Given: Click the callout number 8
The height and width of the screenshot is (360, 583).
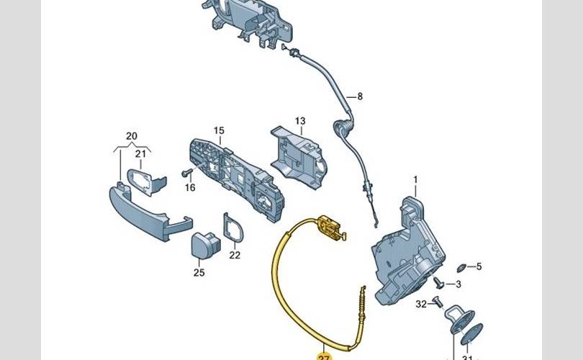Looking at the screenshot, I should click(361, 96).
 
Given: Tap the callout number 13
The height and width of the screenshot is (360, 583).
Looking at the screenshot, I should click(300, 121).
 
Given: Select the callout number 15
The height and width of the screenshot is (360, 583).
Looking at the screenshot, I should click(219, 131).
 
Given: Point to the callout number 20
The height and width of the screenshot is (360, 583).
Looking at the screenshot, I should click(130, 135).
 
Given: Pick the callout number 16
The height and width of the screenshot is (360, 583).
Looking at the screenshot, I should click(190, 188).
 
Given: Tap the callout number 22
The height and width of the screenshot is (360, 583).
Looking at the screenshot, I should click(235, 254).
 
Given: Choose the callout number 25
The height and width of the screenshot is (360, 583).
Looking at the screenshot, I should click(199, 272).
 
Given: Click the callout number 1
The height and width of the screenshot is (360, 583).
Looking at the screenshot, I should click(415, 178).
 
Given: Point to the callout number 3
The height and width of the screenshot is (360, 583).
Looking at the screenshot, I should click(458, 284).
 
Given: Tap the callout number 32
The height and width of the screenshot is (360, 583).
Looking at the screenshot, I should click(421, 304).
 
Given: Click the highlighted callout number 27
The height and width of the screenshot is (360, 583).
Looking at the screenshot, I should click(322, 356).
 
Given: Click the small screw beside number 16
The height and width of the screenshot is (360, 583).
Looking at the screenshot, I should click(186, 173).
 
